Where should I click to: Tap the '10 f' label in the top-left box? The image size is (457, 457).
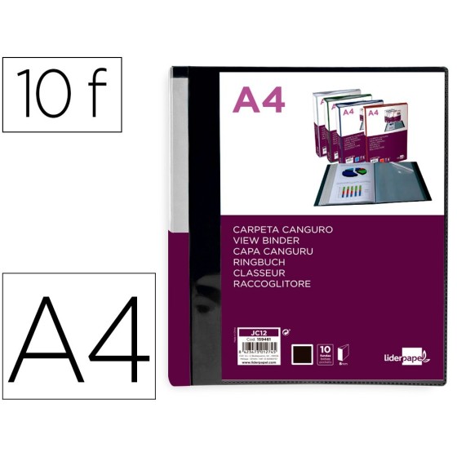[x=60, y=95]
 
